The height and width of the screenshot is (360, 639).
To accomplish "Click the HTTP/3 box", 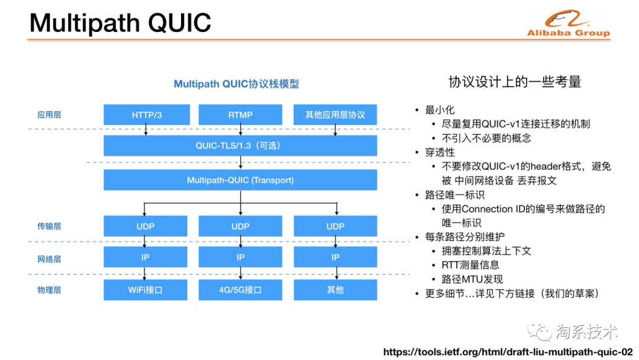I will click(147, 114).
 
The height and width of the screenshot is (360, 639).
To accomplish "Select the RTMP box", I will click(240, 114).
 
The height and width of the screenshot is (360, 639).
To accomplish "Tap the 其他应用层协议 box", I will click(335, 114).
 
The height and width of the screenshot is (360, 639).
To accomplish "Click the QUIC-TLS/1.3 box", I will click(240, 146).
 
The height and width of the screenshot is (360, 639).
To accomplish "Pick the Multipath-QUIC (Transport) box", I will click(240, 180).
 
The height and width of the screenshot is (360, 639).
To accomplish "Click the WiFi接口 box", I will click(146, 290).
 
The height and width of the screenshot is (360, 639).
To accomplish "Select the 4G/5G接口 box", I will click(240, 290).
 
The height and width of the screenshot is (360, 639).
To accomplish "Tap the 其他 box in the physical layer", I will click(335, 290).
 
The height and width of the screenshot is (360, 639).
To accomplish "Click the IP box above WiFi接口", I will click(146, 258).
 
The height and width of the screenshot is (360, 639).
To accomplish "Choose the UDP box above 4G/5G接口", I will click(240, 226).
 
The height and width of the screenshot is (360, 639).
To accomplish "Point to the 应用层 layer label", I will click(49, 114).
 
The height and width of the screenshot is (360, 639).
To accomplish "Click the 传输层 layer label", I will click(49, 226).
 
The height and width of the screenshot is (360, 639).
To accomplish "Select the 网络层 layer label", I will click(49, 259).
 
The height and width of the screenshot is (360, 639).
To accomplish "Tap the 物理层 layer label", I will click(49, 290).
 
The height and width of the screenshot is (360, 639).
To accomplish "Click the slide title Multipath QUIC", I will click(120, 23).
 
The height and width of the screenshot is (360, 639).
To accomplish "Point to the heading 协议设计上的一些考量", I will click(515, 82).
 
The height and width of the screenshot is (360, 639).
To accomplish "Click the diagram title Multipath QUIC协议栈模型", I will click(236, 84).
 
